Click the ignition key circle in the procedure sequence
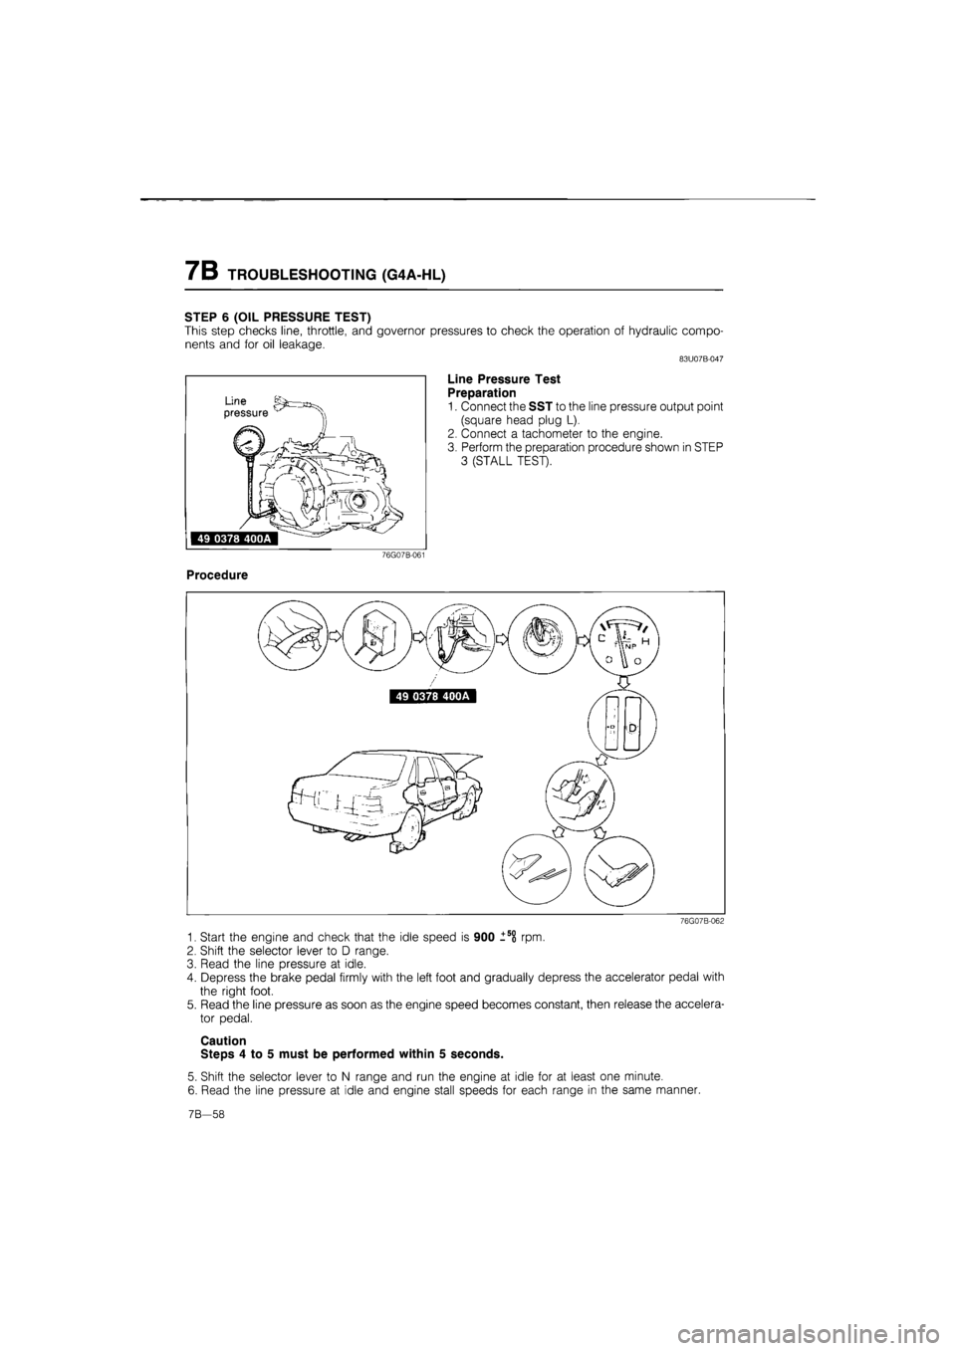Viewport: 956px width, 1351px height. coord(541,634)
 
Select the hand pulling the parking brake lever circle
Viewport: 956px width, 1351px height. coord(293,635)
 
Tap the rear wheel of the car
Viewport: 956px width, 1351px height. coord(407,826)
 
